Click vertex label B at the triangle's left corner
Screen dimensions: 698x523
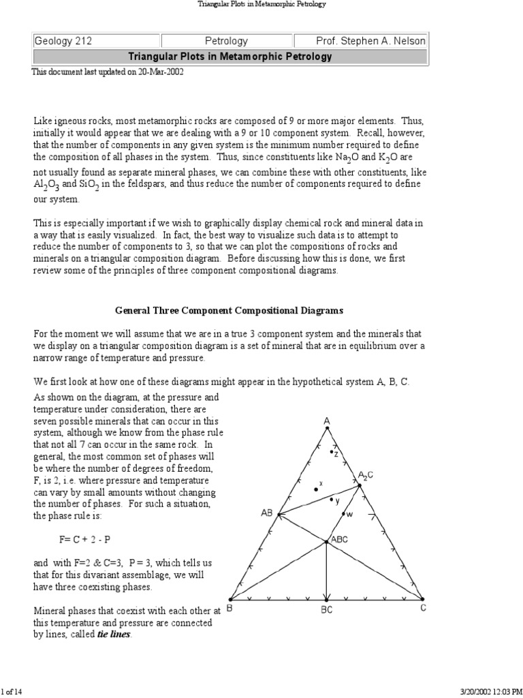click(x=229, y=609)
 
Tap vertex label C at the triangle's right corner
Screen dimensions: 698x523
click(x=423, y=609)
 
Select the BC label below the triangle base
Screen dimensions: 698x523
click(x=327, y=610)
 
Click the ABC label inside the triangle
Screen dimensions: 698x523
click(x=339, y=539)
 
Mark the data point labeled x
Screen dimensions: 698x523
click(x=316, y=489)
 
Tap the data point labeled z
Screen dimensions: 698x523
click(x=332, y=452)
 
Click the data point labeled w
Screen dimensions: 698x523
click(x=343, y=515)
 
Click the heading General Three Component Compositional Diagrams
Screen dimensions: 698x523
click(x=229, y=310)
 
